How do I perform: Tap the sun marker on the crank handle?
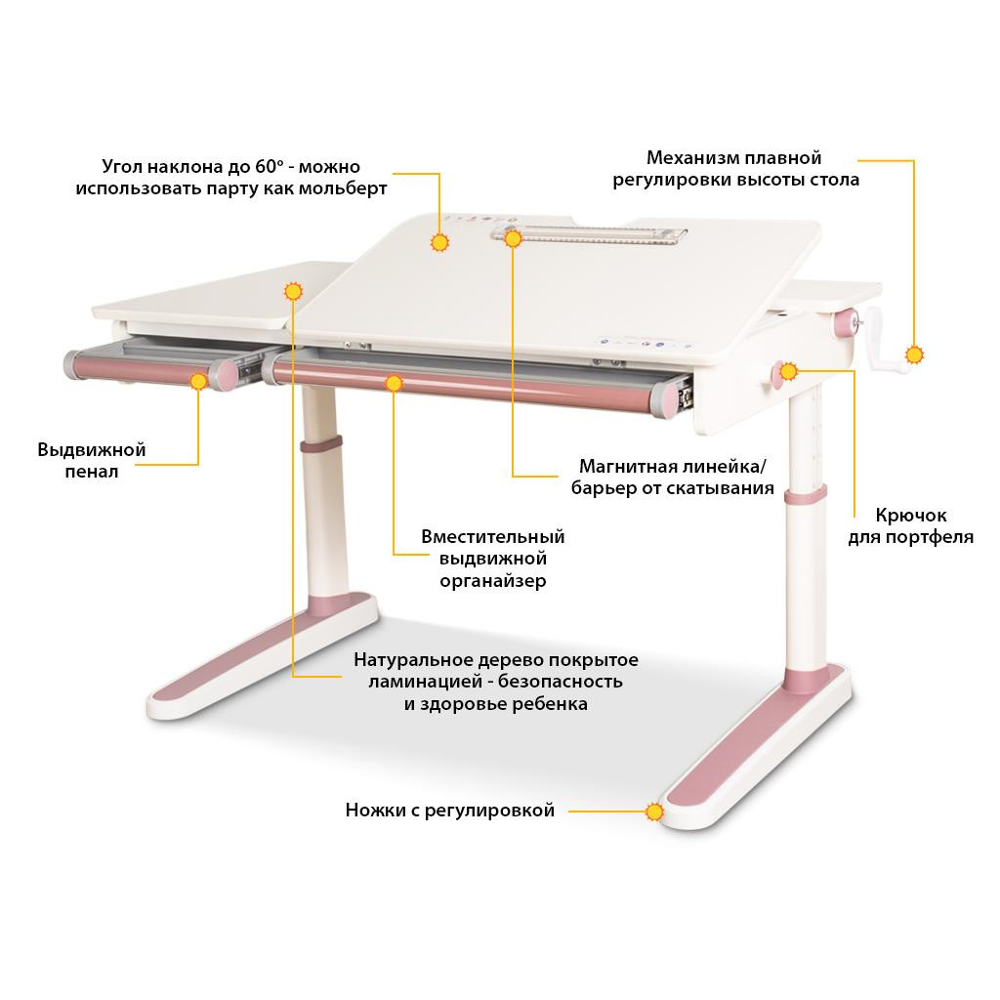(x=914, y=355)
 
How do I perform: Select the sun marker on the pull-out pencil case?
(x=198, y=381)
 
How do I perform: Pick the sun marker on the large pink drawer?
(x=394, y=383)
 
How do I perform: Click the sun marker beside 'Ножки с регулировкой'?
(x=654, y=812)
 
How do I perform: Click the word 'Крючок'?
(x=911, y=515)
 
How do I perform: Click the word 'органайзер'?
(x=493, y=581)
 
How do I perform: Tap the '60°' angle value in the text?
(x=270, y=166)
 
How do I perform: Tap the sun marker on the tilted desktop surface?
(x=439, y=242)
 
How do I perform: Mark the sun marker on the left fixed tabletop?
(x=293, y=291)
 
